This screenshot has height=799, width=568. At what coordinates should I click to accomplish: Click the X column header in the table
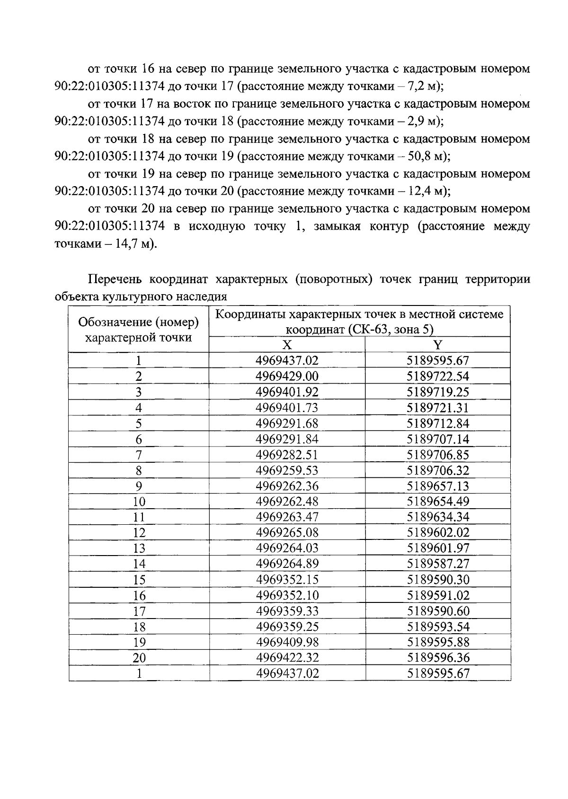click(x=287, y=345)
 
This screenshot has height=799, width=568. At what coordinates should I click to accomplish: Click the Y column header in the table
click(x=437, y=345)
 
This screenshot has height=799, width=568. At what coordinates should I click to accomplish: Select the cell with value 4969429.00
click(x=287, y=377)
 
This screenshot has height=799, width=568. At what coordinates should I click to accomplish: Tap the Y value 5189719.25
click(x=438, y=392)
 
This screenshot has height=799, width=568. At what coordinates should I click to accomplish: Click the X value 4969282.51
click(x=287, y=455)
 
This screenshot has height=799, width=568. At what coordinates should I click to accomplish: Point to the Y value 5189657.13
click(x=438, y=486)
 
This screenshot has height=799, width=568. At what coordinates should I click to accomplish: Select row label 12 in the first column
click(x=139, y=533)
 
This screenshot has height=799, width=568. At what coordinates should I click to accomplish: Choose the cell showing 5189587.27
click(x=438, y=564)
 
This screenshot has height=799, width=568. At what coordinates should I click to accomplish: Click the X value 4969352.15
click(x=287, y=580)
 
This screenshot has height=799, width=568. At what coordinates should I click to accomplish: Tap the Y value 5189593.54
click(x=438, y=627)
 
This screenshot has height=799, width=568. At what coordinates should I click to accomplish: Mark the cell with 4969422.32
click(x=287, y=658)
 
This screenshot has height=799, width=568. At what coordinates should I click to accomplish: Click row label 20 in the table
click(x=139, y=658)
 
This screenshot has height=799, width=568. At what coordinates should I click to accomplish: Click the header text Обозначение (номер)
click(x=138, y=323)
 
